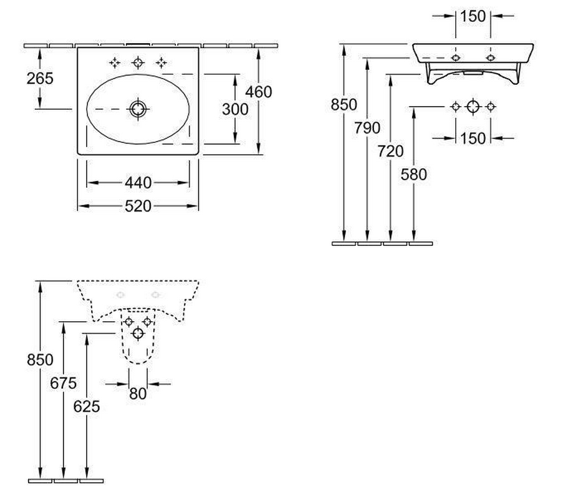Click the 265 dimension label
[40, 78]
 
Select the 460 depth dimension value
[258, 92]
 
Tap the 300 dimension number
[235, 109]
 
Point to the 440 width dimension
[138, 183]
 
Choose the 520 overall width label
[138, 206]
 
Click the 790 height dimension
[367, 128]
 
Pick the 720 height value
[390, 151]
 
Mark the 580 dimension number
[414, 175]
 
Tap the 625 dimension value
[87, 406]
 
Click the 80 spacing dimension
[137, 394]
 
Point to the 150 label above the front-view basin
[473, 17]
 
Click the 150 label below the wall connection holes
[473, 137]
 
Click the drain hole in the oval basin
[138, 109]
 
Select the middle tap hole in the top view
[138, 62]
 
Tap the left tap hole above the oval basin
[115, 62]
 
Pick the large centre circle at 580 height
[473, 107]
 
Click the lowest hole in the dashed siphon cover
[138, 334]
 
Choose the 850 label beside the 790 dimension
[344, 105]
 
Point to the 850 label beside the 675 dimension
[40, 359]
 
